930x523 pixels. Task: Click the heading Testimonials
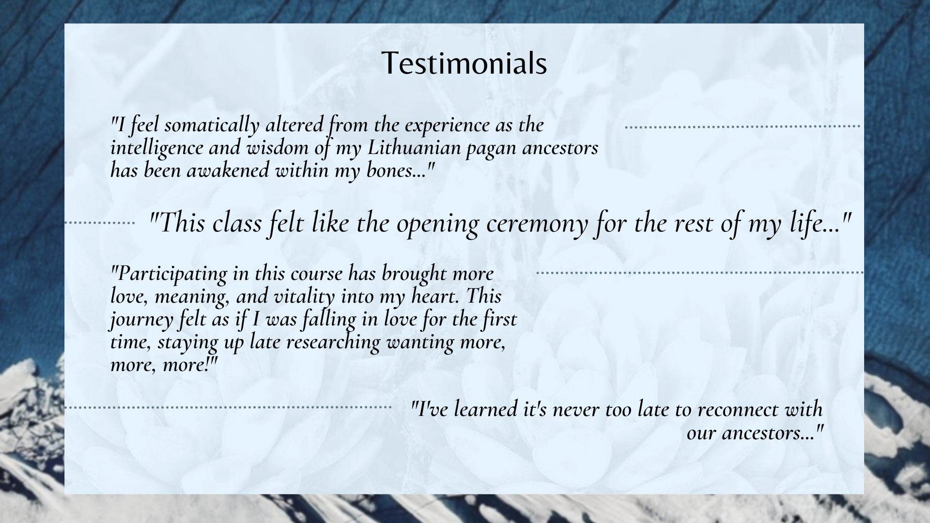[464, 63]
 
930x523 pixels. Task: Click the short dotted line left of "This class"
[100, 223]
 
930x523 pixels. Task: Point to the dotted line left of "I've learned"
[228, 408]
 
